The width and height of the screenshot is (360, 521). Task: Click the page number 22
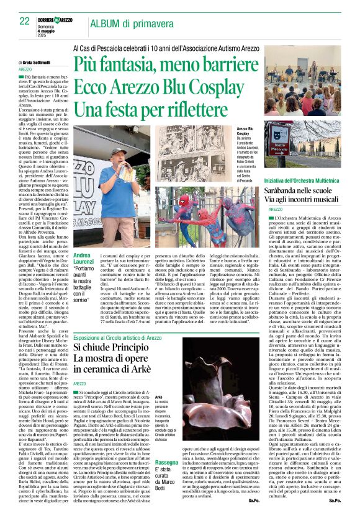click(24, 21)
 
